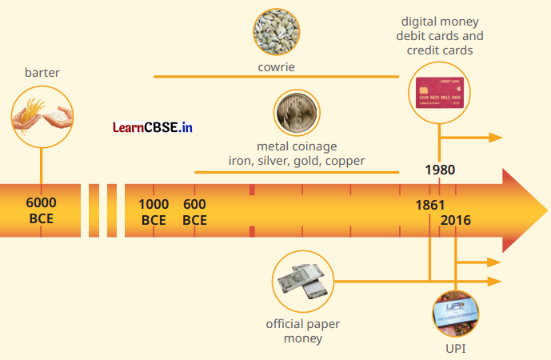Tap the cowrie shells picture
point(276,31)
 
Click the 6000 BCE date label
point(41,210)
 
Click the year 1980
point(440,170)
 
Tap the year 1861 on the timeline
point(430,205)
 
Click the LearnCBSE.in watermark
point(153,126)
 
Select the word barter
point(42,73)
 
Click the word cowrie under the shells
point(276,66)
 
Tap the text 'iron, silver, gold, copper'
point(297,161)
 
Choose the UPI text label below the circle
point(455,349)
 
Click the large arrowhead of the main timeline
point(519,210)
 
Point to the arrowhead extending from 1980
point(496,137)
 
